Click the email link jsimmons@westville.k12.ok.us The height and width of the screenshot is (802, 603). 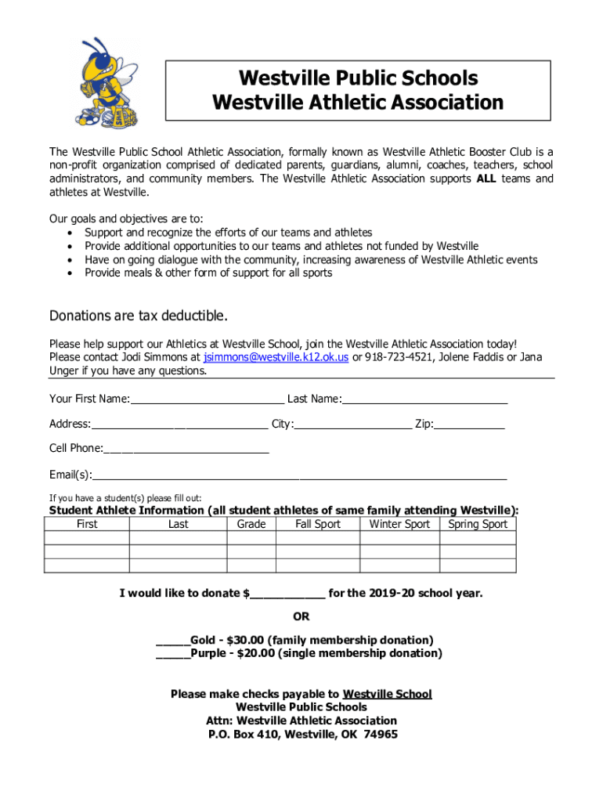[x=276, y=357]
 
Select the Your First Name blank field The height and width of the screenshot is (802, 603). [x=208, y=399]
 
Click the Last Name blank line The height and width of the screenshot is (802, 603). [x=424, y=399]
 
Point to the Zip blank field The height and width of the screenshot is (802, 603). [x=470, y=424]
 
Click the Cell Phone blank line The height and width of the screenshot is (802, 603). [x=186, y=449]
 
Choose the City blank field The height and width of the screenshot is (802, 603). [x=353, y=424]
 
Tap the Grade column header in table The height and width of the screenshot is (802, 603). [x=251, y=524]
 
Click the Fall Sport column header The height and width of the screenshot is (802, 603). [x=318, y=524]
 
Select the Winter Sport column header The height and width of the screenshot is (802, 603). [x=399, y=524]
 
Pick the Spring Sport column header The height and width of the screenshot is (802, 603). [x=478, y=524]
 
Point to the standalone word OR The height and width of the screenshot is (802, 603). [x=301, y=616]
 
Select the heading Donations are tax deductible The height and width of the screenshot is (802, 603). [x=139, y=316]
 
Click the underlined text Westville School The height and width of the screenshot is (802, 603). [x=388, y=694]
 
